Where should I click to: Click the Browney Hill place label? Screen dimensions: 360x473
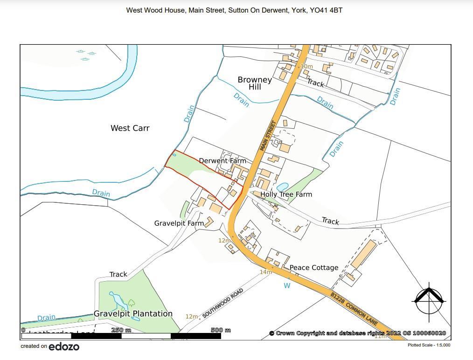tap(255, 83)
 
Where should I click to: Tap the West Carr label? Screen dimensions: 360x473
tap(130, 128)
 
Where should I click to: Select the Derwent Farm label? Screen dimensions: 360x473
tap(222, 161)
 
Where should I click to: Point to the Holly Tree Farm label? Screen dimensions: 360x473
tap(286, 194)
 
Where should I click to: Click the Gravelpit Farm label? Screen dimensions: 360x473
tap(179, 223)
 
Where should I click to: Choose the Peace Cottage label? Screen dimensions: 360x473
tap(314, 268)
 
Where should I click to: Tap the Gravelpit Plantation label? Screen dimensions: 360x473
tap(133, 314)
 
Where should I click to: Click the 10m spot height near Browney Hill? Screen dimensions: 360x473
tap(306, 67)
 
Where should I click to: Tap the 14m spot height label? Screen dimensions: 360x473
tap(265, 272)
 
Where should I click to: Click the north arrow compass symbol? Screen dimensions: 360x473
tap(429, 299)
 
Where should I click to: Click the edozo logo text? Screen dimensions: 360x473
tap(64, 346)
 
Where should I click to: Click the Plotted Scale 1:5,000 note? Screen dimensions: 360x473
tap(429, 345)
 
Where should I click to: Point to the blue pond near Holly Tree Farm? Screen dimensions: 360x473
tap(283, 187)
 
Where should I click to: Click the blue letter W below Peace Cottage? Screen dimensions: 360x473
tap(287, 285)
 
